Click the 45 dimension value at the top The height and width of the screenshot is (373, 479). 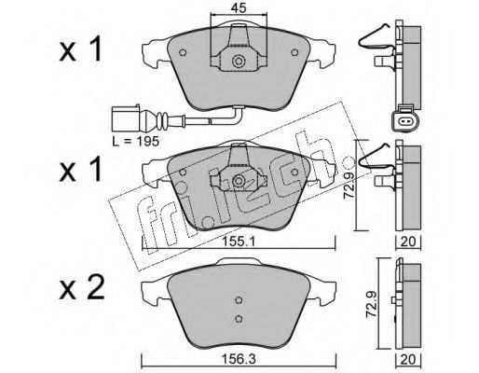(239, 7)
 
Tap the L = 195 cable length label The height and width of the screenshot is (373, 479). (136, 142)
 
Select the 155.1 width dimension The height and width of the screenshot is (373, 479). (239, 242)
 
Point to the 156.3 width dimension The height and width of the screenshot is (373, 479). (239, 360)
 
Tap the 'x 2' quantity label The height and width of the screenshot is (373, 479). (82, 288)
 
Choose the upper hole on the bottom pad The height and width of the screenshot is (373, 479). (239, 299)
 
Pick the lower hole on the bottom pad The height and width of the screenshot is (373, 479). (239, 319)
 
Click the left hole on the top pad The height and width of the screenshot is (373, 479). (183, 52)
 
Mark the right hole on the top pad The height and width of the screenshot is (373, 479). (294, 52)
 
